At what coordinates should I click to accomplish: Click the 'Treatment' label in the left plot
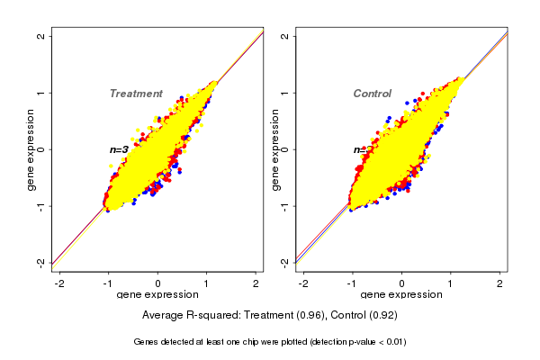(136, 94)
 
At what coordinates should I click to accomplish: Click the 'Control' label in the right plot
(373, 94)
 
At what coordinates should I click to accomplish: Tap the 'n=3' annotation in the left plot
(119, 149)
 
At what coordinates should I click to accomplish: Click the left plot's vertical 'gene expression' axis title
(31, 149)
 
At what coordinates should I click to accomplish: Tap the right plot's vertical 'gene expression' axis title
(275, 149)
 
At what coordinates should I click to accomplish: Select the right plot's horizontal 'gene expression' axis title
(401, 295)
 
